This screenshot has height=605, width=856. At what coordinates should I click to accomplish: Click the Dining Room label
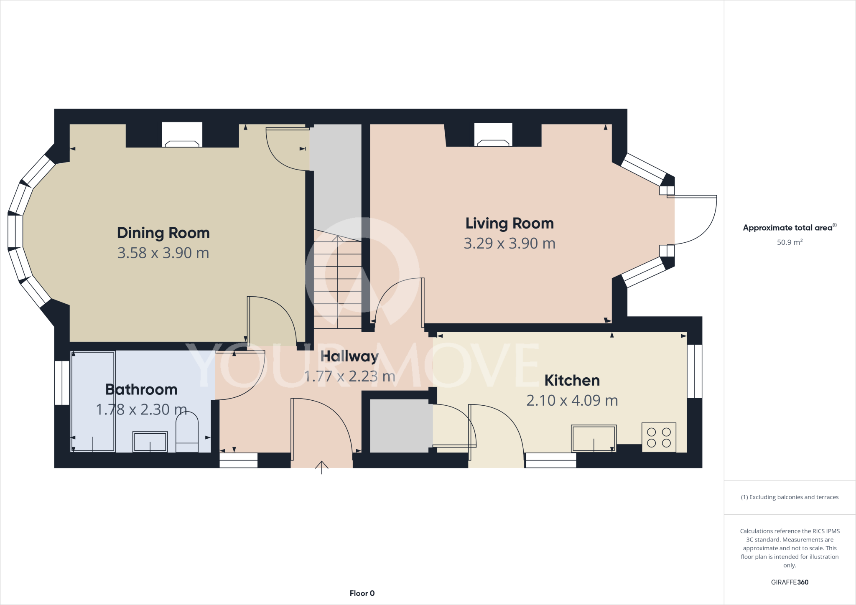coord(163,233)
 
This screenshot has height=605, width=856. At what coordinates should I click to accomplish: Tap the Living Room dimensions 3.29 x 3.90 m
coord(510,244)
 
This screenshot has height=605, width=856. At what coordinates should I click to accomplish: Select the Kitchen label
coord(572,381)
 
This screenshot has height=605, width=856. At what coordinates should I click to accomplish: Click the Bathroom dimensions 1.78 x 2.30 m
coord(141,409)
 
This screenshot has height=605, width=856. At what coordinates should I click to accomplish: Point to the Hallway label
coord(349,356)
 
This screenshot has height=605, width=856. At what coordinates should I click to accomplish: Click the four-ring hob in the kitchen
coord(659,437)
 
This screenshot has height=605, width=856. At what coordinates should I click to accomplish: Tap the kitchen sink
coord(594,438)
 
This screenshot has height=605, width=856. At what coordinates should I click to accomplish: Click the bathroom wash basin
coord(150,442)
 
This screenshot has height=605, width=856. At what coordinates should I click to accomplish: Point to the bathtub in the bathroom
coord(93,401)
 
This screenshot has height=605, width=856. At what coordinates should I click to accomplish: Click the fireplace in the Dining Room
coord(182,135)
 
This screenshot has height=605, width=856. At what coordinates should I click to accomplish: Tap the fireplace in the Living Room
coord(493,135)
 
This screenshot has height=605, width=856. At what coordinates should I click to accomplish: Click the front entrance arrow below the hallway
coord(321,467)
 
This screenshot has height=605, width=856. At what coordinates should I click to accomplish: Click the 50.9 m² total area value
coord(789,242)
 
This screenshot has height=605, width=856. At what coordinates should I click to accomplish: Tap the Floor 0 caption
coord(362,593)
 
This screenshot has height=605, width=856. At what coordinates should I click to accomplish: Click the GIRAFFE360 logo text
coord(789,582)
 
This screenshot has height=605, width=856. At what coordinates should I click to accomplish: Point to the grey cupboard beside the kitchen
coord(399,426)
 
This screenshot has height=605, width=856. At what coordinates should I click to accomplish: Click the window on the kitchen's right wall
coord(694,371)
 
